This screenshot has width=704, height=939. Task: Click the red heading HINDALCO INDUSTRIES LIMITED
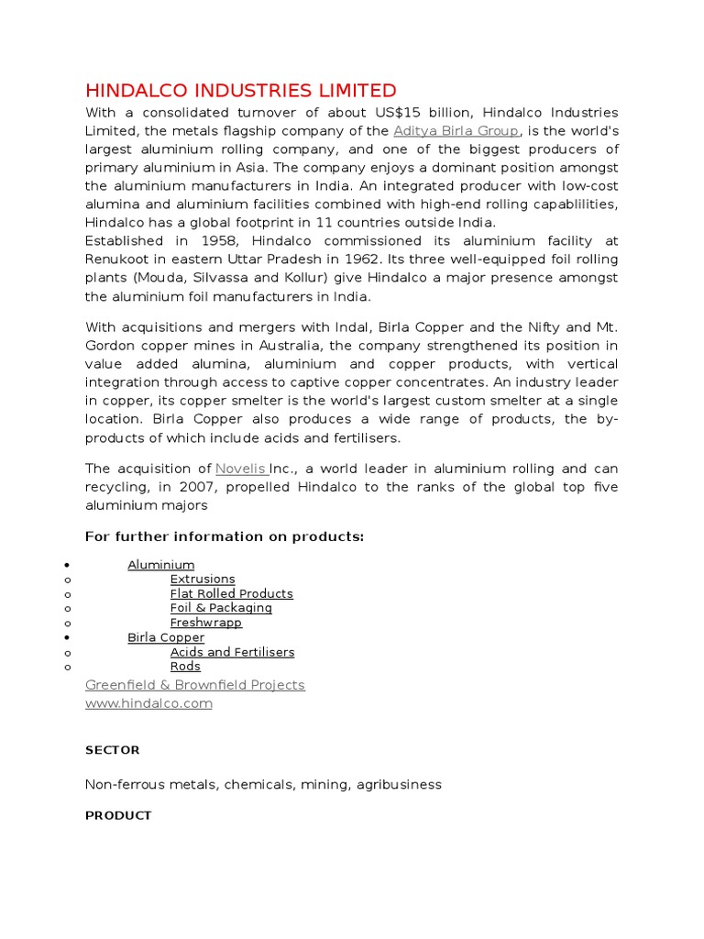(240, 91)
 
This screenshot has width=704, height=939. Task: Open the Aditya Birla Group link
(456, 131)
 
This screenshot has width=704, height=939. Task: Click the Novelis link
(241, 469)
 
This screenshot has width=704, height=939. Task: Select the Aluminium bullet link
(160, 565)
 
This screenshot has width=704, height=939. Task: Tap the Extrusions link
(203, 580)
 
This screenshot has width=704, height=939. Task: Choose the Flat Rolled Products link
(231, 594)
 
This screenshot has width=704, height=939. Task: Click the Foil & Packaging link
(221, 608)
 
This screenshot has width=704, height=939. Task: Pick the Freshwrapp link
(206, 623)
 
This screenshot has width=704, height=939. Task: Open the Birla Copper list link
(166, 637)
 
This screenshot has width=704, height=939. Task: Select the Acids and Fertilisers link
(232, 652)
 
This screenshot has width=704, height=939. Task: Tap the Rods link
(185, 667)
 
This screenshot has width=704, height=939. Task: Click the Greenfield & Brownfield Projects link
(194, 685)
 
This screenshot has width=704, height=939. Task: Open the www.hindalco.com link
(148, 703)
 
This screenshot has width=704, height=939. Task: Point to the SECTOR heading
(112, 750)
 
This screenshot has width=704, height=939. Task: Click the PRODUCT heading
(118, 815)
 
